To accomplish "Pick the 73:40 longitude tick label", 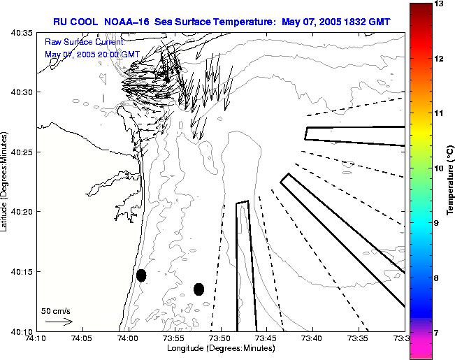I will tap(312, 338).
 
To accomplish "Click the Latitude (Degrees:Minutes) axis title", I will tap(5, 182).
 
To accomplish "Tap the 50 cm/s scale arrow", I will tap(59, 322).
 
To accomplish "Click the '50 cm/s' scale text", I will tap(55, 311).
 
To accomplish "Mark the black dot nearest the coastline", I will tap(141, 275).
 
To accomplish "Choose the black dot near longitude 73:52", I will tap(199, 289).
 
